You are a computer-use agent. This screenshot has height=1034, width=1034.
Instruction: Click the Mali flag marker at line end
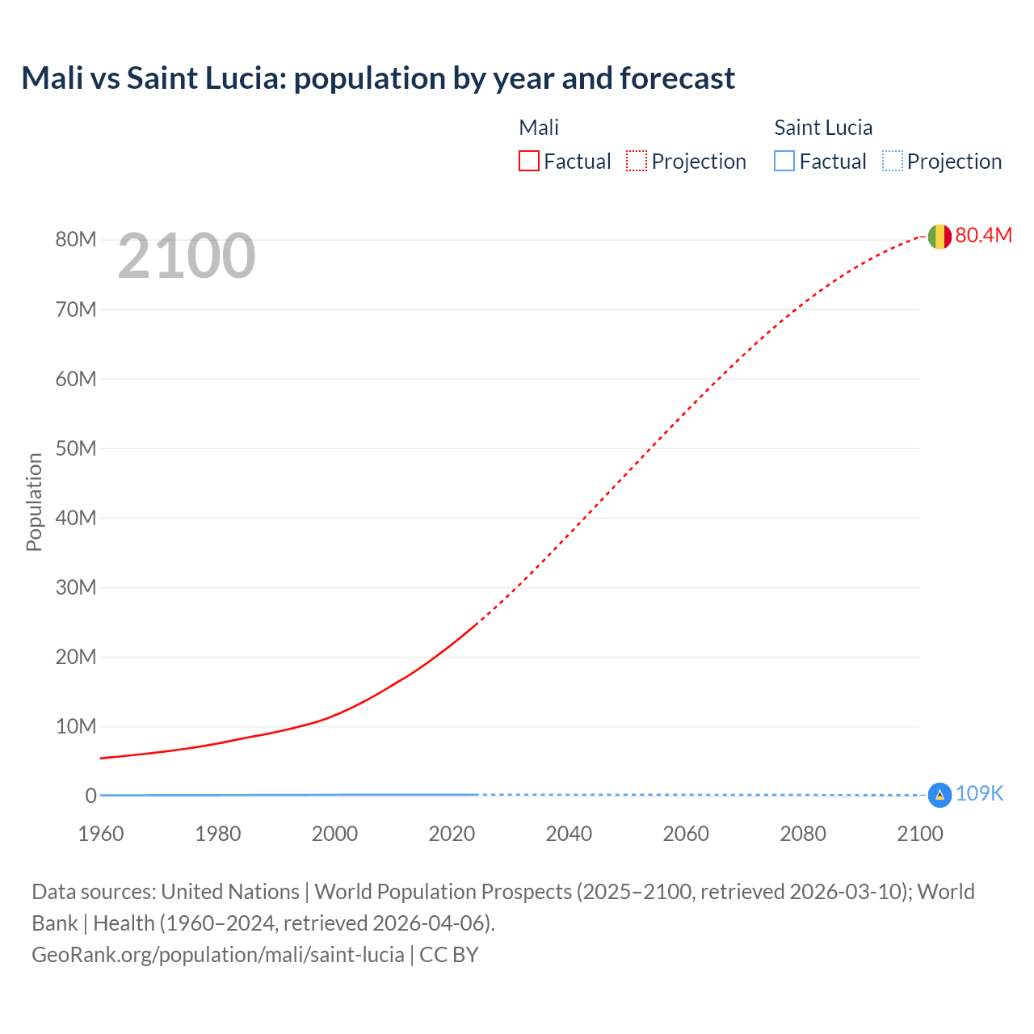(939, 237)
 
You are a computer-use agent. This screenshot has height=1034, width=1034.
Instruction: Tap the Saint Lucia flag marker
(939, 795)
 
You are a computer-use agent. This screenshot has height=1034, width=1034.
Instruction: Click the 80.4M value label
(983, 235)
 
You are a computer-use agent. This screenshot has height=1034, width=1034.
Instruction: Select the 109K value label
(979, 793)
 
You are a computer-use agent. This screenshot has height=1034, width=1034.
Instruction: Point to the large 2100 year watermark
(187, 256)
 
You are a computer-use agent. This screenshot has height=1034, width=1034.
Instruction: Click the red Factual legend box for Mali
(528, 161)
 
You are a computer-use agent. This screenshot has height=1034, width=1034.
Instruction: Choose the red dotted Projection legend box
(636, 161)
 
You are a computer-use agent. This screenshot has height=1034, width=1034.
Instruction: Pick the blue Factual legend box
(784, 161)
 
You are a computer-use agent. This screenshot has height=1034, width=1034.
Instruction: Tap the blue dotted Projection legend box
(892, 161)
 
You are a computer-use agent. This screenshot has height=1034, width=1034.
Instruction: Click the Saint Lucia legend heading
(822, 128)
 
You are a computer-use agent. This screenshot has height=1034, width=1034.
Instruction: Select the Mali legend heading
(539, 128)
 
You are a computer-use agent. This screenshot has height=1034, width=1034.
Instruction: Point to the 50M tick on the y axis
(76, 448)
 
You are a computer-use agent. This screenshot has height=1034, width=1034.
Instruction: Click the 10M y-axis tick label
(76, 726)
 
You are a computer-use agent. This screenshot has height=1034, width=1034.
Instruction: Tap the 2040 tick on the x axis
(569, 834)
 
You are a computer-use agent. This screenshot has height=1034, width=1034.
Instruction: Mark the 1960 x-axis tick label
(101, 834)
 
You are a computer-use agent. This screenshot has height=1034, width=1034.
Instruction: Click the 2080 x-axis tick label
(803, 834)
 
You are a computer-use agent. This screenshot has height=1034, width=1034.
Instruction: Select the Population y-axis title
(34, 502)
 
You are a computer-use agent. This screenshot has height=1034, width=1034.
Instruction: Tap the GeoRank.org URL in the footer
(217, 955)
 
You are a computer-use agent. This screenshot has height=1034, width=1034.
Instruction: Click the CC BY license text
(449, 955)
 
